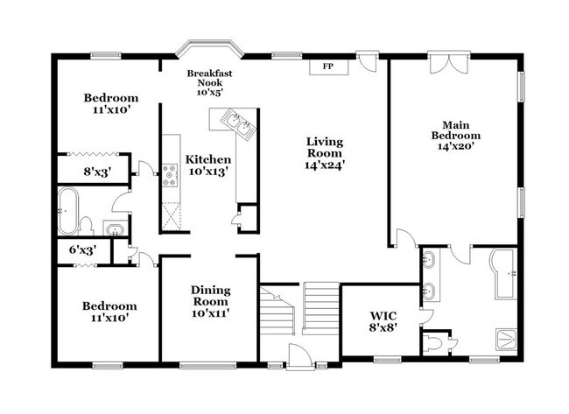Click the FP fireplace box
pyautogui.click(x=328, y=66)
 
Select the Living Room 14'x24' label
pyautogui.click(x=325, y=153)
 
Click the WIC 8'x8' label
pyautogui.click(x=383, y=320)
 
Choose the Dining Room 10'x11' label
pyautogui.click(x=209, y=303)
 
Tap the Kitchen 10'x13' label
pyautogui.click(x=208, y=165)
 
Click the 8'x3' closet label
pyautogui.click(x=85, y=172)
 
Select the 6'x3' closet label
pyautogui.click(x=82, y=250)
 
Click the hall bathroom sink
pyautogui.click(x=113, y=230)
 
